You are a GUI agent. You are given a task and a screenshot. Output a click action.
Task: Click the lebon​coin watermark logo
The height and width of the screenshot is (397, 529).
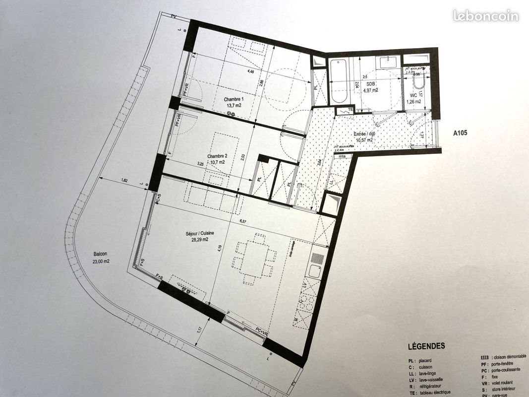485,16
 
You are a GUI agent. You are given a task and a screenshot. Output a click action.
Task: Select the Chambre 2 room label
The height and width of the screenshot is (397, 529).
216,154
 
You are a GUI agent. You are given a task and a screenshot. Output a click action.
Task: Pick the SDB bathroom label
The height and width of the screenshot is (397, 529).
371,84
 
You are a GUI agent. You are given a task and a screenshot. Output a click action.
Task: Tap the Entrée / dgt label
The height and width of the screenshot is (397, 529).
364,134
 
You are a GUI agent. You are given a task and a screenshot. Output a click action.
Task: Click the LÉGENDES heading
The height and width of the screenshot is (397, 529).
426,346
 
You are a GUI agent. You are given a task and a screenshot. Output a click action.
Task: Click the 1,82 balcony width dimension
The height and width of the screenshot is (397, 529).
124,181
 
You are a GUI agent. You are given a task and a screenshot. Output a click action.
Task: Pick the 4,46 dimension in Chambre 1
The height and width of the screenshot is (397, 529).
250,72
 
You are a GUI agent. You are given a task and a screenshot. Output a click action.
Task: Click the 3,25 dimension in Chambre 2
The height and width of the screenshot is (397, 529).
200,163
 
